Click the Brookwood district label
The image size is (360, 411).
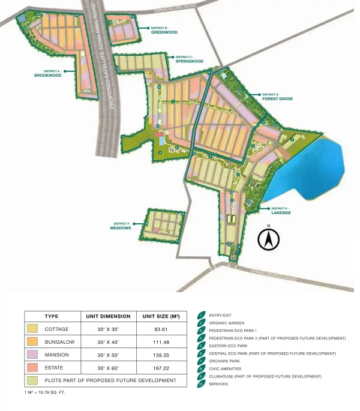tap(47, 75)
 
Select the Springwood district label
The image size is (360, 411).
tap(189, 61)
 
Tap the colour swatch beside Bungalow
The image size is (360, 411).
tap(32, 342)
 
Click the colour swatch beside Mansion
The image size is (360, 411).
tap(32, 355)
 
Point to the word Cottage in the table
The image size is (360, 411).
tap(56, 329)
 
